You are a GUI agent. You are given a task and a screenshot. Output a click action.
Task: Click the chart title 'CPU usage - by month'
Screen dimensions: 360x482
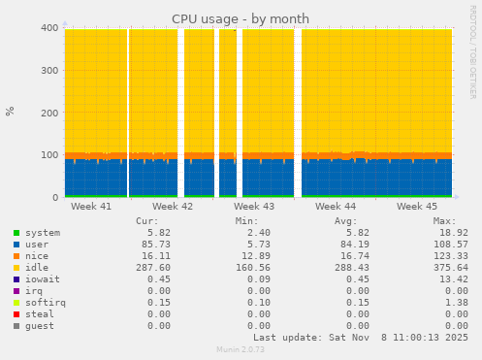241,18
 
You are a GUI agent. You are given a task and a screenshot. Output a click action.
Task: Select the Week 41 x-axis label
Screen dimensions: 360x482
91,207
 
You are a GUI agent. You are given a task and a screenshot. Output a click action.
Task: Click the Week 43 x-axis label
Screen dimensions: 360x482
254,207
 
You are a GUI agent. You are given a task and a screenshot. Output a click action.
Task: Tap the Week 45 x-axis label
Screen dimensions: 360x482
417,207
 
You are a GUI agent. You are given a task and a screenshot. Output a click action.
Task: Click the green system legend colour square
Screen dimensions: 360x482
16,233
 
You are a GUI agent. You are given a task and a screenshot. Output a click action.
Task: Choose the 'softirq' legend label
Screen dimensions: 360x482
44,303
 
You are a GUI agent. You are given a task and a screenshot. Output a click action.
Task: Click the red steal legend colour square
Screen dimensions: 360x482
16,314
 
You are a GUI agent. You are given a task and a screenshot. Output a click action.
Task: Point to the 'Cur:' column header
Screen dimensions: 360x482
147,221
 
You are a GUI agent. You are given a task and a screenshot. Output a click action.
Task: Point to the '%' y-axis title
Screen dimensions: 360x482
11,111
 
